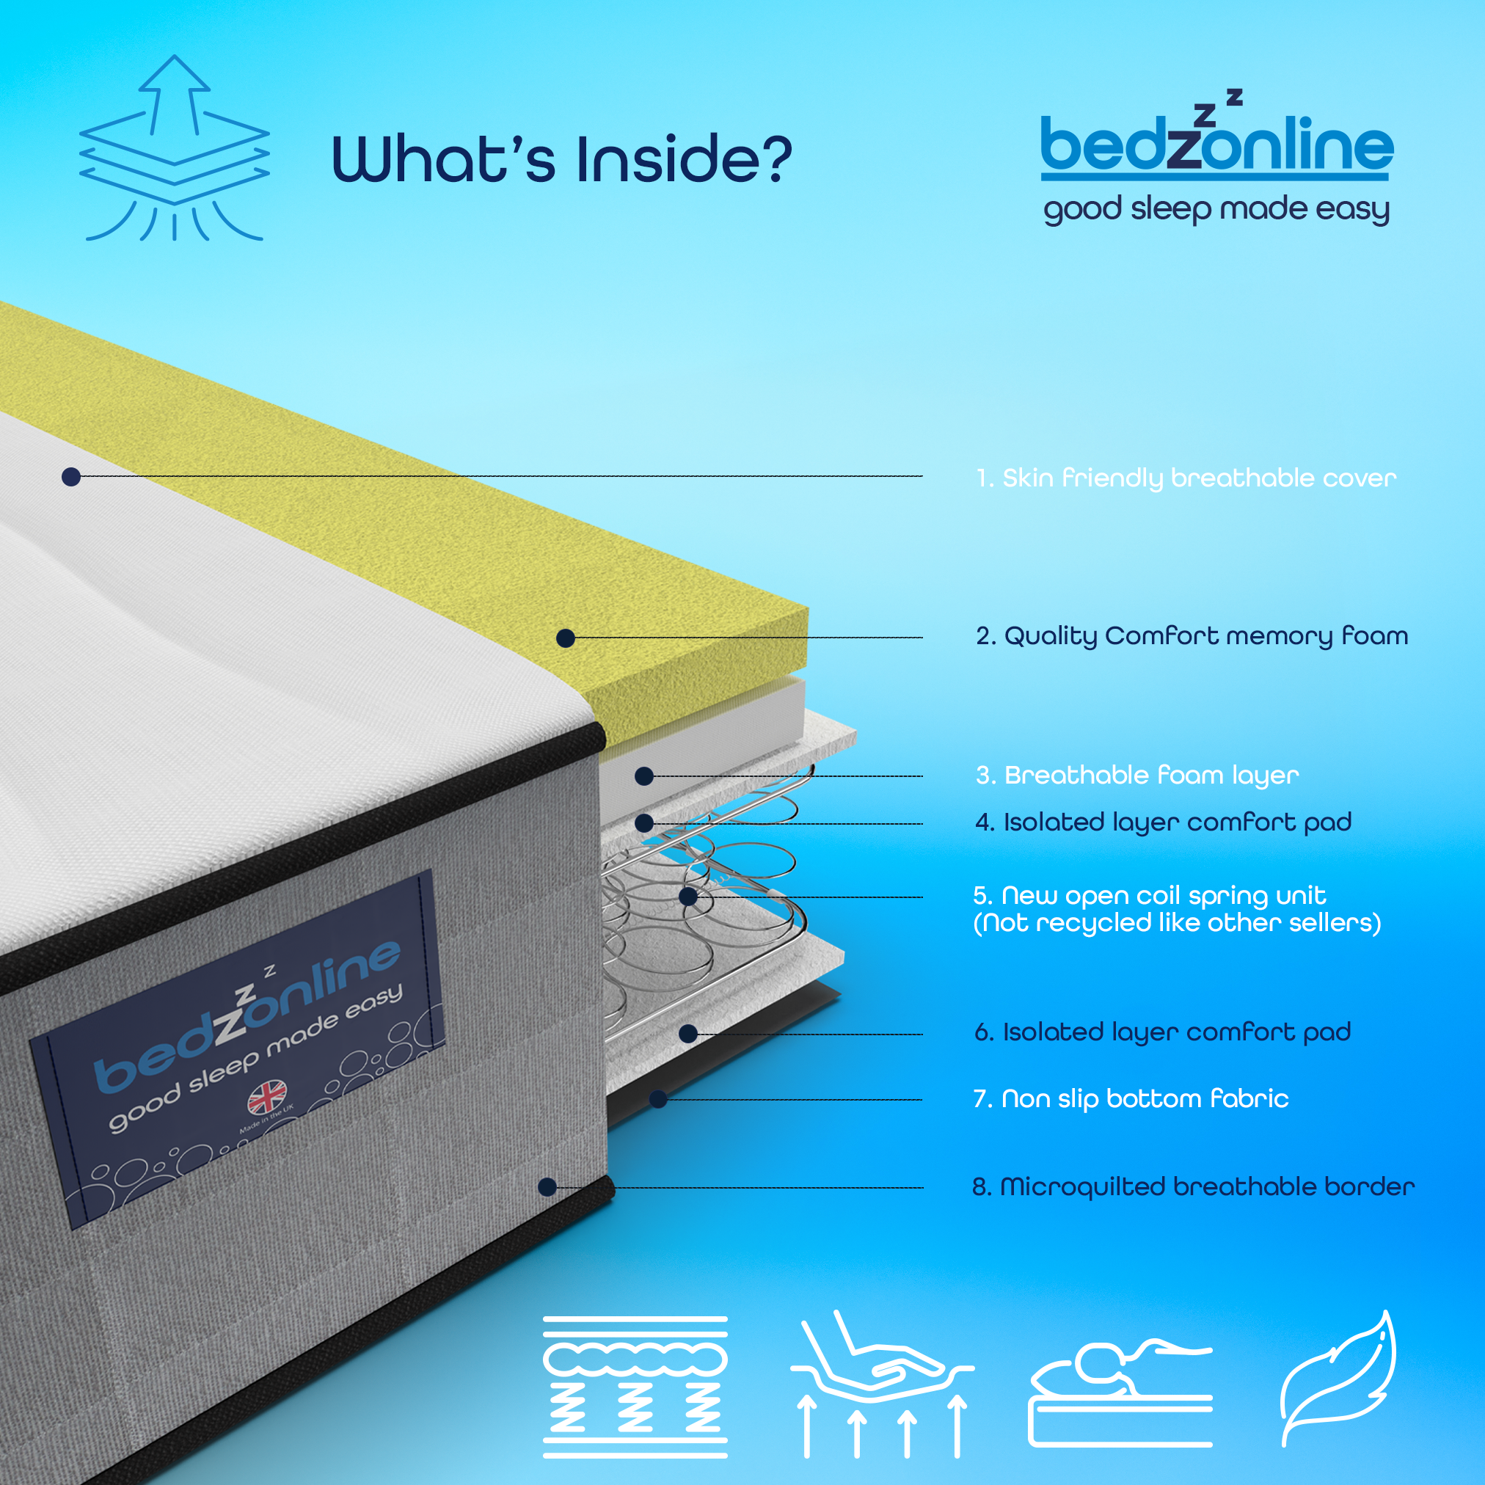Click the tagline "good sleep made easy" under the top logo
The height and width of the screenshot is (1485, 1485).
click(x=1216, y=209)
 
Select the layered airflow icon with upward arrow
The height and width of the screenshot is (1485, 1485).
click(x=175, y=147)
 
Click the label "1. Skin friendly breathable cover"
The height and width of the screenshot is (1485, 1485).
click(x=1186, y=478)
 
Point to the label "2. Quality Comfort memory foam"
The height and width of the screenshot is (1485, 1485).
click(x=1192, y=636)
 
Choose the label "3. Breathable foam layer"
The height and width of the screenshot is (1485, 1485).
click(x=1137, y=775)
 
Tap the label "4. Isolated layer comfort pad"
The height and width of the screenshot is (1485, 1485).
click(x=1164, y=822)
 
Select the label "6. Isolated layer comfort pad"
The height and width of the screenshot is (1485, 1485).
click(x=1163, y=1032)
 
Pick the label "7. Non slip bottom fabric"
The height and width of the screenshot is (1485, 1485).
click(x=1131, y=1098)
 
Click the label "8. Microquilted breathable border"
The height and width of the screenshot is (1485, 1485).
click(x=1194, y=1187)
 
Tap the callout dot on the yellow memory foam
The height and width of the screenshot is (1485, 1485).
click(x=566, y=638)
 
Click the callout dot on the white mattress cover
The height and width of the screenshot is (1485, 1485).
click(x=71, y=478)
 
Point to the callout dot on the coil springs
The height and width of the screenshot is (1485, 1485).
click(x=689, y=897)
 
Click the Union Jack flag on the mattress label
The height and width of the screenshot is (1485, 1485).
click(x=268, y=1098)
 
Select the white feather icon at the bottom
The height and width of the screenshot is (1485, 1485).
click(x=1338, y=1379)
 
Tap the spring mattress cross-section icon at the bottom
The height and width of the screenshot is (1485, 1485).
click(x=635, y=1387)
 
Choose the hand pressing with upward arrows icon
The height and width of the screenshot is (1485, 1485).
click(x=883, y=1384)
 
